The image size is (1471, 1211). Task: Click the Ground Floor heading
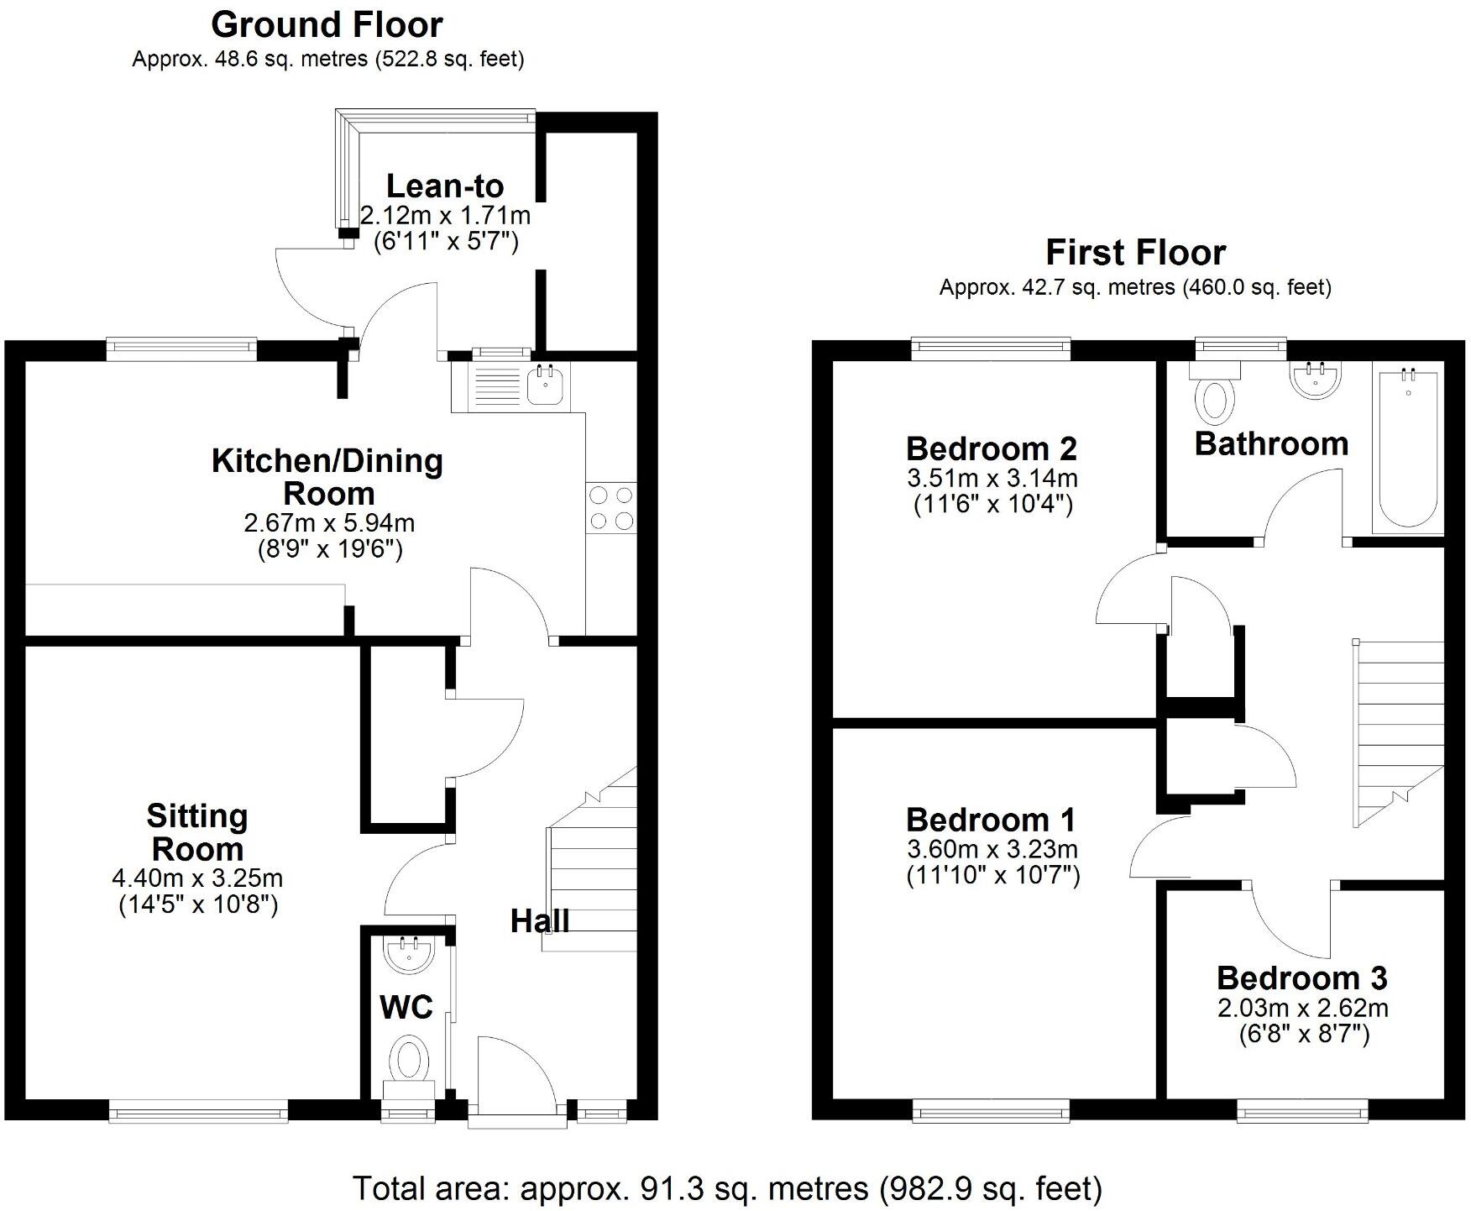click(327, 25)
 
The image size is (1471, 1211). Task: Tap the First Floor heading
click(1135, 253)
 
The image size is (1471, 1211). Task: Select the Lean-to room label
click(445, 186)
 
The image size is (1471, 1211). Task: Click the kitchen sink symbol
click(546, 385)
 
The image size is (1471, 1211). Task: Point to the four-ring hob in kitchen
click(611, 508)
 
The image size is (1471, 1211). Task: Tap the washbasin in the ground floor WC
click(409, 956)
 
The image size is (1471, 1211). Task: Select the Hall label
click(540, 921)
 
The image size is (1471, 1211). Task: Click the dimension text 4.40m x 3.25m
click(197, 878)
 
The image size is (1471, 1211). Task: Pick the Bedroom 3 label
click(1302, 978)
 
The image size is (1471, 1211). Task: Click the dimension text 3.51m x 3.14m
click(992, 479)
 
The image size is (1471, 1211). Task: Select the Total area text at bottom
click(727, 1188)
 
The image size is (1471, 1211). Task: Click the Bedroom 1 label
click(991, 820)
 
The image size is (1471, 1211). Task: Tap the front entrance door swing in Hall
click(514, 1075)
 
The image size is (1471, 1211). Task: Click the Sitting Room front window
click(199, 1113)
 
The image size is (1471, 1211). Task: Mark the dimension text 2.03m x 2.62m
click(1303, 1008)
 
